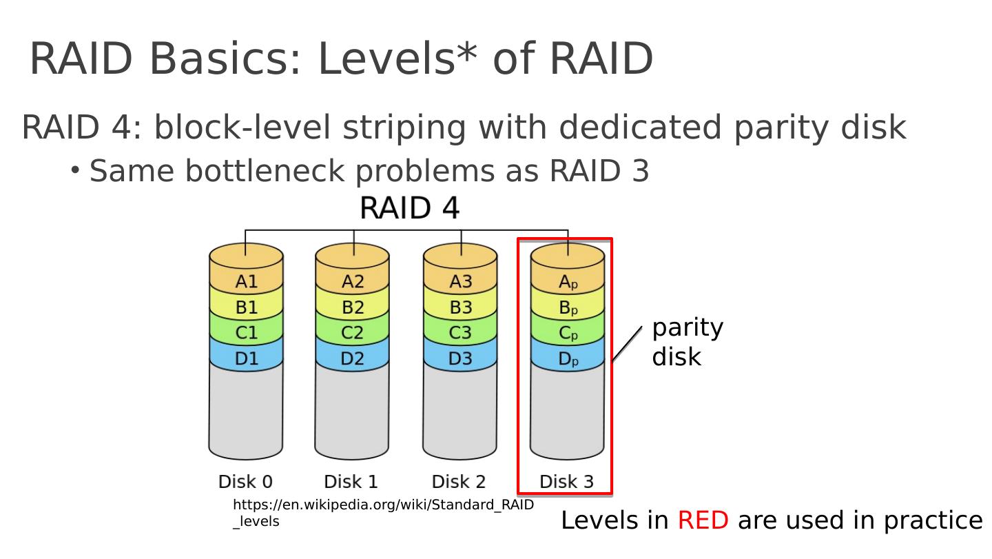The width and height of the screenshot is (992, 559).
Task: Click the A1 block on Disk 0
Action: click(x=246, y=281)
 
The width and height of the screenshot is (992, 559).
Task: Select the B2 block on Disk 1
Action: click(x=353, y=307)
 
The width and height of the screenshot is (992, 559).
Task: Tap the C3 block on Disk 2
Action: click(x=460, y=333)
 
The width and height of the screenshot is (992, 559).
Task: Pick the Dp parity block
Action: click(x=568, y=359)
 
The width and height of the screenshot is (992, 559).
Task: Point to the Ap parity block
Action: click(x=568, y=282)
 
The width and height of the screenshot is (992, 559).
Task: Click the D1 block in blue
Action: click(x=246, y=358)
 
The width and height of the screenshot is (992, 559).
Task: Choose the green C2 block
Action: click(x=353, y=333)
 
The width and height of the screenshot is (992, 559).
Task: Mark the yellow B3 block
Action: click(x=460, y=307)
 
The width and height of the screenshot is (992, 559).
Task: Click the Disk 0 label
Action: click(x=245, y=481)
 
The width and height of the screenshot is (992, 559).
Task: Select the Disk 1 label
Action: click(x=351, y=481)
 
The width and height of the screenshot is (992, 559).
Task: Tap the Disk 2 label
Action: click(x=459, y=481)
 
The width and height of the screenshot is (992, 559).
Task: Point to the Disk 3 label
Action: click(x=566, y=481)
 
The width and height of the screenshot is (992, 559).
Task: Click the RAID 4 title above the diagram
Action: click(x=409, y=208)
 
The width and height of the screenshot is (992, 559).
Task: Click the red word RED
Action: click(x=703, y=520)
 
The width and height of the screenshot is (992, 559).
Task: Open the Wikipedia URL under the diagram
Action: click(x=383, y=505)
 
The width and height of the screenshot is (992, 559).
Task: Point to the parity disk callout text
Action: click(x=687, y=342)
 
